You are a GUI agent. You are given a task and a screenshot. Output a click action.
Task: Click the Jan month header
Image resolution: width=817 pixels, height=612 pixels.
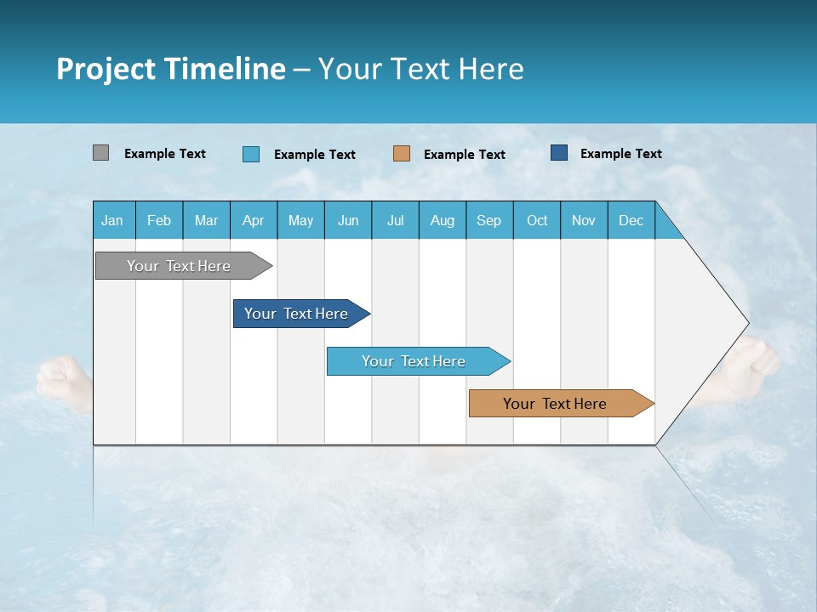tap(112, 220)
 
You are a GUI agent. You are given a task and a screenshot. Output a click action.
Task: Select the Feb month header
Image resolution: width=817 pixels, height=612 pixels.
tap(159, 220)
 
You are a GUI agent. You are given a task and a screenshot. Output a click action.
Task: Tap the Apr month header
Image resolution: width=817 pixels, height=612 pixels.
tap(253, 220)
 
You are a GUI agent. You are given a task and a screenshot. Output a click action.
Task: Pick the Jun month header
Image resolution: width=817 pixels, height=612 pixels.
tap(348, 220)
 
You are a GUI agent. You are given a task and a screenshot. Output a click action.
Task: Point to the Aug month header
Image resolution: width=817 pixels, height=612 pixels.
tap(442, 220)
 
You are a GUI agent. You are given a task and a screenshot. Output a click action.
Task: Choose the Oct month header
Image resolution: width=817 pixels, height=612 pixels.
tap(537, 220)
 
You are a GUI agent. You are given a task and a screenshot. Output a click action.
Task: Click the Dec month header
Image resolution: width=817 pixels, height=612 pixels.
tap(631, 220)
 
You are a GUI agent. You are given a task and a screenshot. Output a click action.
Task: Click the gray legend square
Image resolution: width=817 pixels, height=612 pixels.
tap(100, 153)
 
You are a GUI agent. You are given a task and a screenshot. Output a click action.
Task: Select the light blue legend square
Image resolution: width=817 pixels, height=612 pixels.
tap(251, 154)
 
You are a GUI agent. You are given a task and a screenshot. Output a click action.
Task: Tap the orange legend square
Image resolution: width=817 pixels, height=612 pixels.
tap(402, 154)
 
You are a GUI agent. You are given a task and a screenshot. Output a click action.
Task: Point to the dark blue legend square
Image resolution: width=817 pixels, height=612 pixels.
tap(559, 153)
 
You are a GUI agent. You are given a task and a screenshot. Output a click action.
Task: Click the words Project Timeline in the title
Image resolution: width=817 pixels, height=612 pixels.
tap(171, 69)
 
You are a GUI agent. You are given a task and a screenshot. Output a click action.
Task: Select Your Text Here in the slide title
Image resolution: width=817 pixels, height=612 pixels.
tap(420, 69)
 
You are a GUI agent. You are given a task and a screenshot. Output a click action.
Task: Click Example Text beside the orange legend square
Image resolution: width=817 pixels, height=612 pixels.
tap(465, 155)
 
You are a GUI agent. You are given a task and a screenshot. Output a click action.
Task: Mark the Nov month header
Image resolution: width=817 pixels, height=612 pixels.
tap(584, 220)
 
